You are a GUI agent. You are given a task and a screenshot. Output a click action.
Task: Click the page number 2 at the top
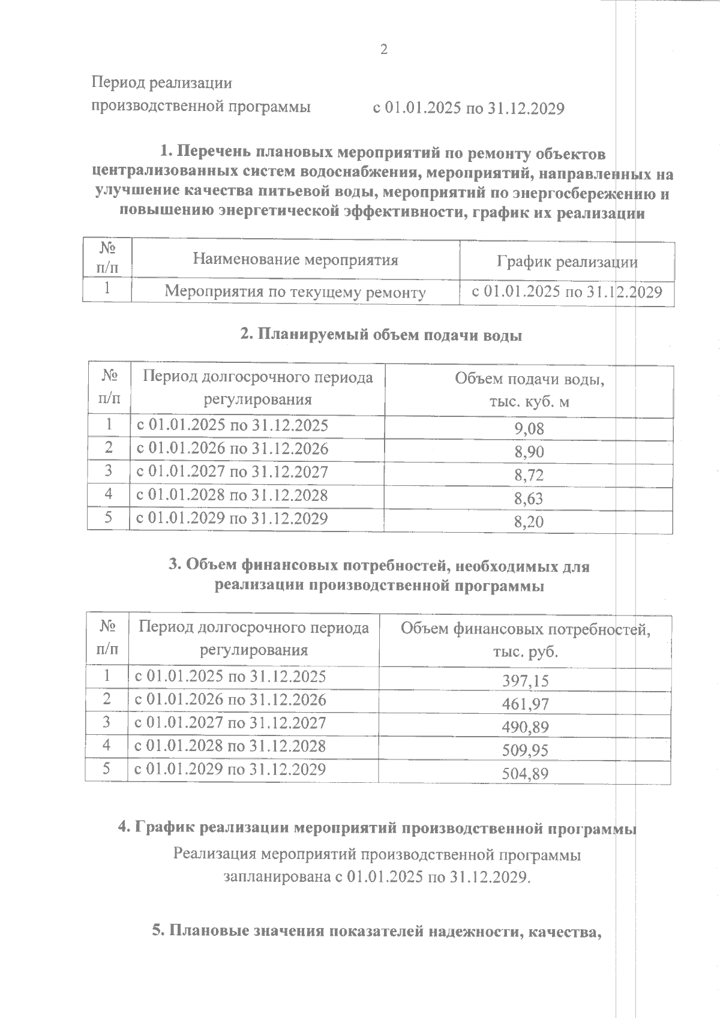[384, 50]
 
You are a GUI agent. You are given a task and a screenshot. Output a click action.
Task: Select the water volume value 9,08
[529, 429]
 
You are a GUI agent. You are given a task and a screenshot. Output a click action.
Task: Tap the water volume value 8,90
[529, 452]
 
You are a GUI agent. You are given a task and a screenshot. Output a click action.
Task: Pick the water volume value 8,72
[529, 476]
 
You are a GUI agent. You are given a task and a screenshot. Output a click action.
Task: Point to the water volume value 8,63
[529, 499]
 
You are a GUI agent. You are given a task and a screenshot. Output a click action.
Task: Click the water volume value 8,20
[529, 522]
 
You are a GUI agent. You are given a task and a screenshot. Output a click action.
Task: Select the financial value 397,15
[525, 681]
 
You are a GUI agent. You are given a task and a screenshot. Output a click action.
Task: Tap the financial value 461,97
[525, 704]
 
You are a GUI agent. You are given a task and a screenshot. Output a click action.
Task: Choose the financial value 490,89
[525, 727]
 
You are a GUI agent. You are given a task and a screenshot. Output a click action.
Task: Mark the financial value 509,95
[525, 750]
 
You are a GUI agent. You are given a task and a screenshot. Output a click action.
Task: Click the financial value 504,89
[525, 774]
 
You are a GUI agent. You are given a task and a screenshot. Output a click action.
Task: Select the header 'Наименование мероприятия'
[295, 259]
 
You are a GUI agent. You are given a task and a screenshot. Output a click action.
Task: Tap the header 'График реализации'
[567, 262]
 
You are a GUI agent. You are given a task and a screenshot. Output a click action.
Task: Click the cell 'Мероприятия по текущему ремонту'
[295, 292]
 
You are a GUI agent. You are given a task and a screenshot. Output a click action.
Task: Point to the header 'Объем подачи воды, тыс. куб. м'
[529, 390]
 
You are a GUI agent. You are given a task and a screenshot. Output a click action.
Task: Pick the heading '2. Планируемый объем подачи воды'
[381, 335]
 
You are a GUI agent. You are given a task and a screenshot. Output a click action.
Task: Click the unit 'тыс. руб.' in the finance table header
[525, 651]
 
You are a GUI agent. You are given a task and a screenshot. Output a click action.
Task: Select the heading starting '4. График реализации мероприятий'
[377, 828]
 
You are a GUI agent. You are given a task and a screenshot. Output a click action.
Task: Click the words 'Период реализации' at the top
[161, 83]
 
